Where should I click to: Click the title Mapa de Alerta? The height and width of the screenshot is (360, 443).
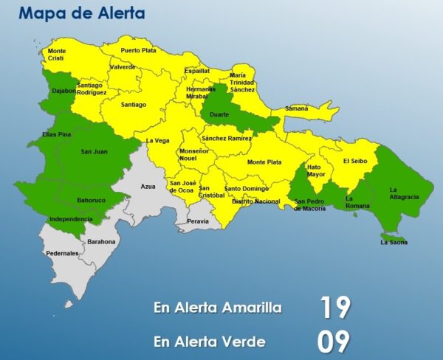[x=82, y=13]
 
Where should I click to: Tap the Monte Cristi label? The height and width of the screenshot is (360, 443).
[x=57, y=55]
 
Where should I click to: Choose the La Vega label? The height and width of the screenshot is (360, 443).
[x=157, y=140]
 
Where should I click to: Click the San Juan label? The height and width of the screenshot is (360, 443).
[x=94, y=151]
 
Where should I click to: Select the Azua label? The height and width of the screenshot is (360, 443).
[x=148, y=187]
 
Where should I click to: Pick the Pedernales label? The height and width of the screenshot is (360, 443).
[x=62, y=253]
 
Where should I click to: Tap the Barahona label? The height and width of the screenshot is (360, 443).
[x=102, y=241]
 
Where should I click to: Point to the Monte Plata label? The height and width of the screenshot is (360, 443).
[x=264, y=162]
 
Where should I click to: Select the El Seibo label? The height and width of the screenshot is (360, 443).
[x=354, y=160]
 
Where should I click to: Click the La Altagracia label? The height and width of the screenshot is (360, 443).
[x=404, y=193]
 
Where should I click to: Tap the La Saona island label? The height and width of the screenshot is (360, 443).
[x=394, y=242]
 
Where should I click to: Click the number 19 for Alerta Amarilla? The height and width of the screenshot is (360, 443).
[x=334, y=307]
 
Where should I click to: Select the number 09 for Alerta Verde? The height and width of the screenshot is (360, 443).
[x=334, y=342]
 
